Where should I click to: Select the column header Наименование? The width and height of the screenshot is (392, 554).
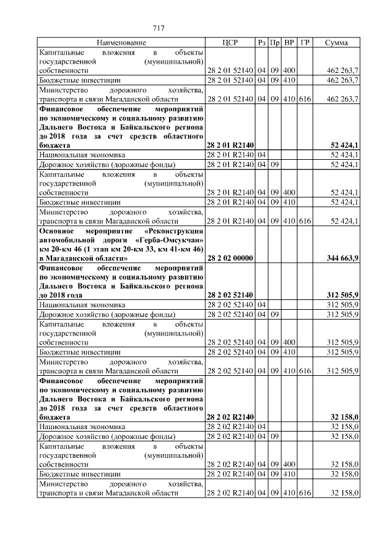tap(121, 43)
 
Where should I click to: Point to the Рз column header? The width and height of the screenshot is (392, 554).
tap(262, 43)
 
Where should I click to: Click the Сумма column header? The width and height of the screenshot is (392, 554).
tap(336, 43)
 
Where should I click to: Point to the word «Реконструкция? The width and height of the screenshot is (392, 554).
tap(171, 231)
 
